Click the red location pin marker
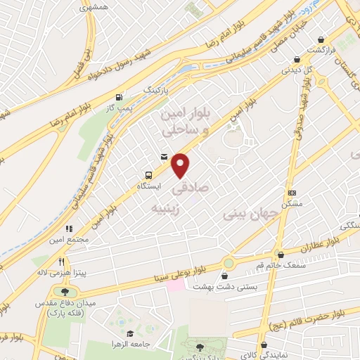[181, 165]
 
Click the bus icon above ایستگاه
[148, 175]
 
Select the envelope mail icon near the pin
[164, 157]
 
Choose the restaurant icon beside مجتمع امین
[69, 229]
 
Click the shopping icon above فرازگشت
[321, 40]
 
